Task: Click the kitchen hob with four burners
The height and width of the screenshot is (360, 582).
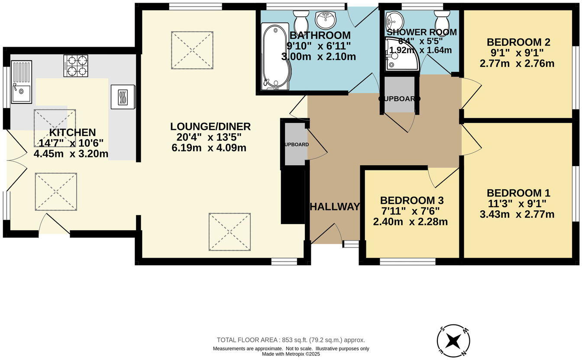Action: (x=76, y=66)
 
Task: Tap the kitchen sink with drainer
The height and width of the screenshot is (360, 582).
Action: (x=21, y=82)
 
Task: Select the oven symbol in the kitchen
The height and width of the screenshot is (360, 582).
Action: (x=123, y=96)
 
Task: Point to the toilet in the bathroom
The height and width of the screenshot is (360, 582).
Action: (x=301, y=21)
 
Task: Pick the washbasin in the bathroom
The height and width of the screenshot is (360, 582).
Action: (x=326, y=19)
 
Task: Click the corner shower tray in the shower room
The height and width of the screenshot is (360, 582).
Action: (x=401, y=55)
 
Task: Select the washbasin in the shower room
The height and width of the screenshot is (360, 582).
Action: (x=394, y=19)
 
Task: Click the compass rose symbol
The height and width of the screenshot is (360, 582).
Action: (x=453, y=341)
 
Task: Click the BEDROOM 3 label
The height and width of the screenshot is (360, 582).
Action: (x=411, y=200)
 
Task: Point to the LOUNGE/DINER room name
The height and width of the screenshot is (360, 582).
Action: (x=210, y=126)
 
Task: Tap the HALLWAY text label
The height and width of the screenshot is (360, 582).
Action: (x=334, y=207)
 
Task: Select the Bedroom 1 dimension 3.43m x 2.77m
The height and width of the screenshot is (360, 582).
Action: (x=517, y=214)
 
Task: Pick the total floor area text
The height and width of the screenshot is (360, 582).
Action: (x=291, y=340)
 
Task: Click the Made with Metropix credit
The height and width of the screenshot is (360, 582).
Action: (x=291, y=354)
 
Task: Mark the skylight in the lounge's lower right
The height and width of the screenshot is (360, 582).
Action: (x=230, y=231)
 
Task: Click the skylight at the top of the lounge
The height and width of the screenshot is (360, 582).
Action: (x=192, y=50)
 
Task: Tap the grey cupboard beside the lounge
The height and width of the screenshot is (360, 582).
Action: (x=295, y=144)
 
